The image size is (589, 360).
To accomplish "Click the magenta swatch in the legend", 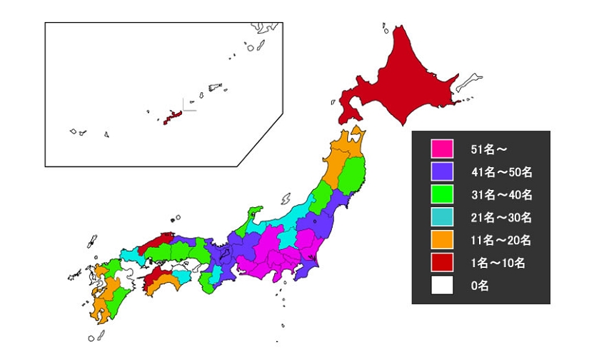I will tap(442, 149).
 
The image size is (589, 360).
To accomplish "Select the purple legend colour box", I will tap(442, 171).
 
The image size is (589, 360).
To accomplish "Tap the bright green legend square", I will tap(442, 194).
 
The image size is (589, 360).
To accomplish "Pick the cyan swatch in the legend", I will tap(442, 217).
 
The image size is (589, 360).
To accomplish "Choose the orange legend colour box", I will tap(442, 240).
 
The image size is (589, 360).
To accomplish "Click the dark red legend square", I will tap(442, 263).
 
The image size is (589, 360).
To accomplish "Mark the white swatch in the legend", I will tap(442, 286).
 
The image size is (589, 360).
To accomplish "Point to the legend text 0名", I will tap(480, 286).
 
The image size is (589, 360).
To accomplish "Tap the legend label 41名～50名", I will tap(501, 172).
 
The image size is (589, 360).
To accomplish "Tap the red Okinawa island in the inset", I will tap(172, 116).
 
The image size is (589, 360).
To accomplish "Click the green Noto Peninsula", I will tap(253, 214).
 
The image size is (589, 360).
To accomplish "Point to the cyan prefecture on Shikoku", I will tap(183, 274).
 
